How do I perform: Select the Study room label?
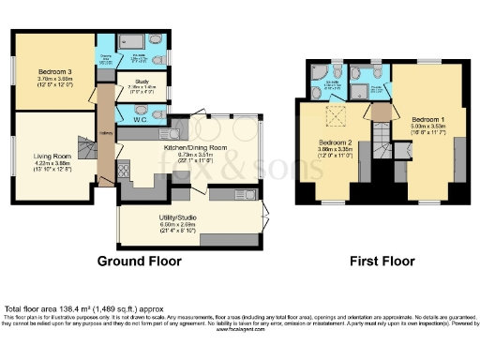142,85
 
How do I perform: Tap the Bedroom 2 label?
334,143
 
